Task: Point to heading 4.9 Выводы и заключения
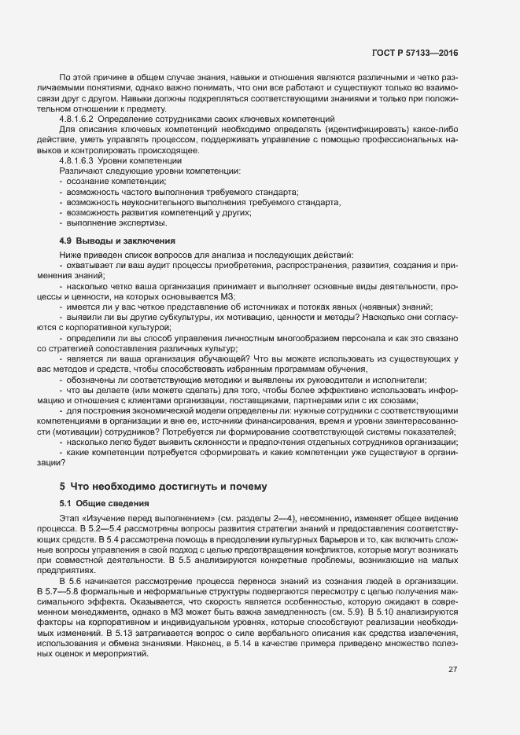coord(116,240)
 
